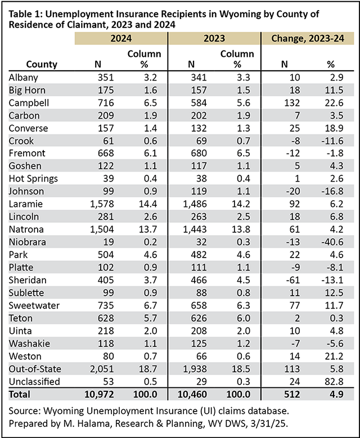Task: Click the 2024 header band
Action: coord(121,38)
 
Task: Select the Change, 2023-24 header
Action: coord(308,38)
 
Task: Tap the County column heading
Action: coord(42,64)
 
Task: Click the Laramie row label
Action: coord(26,204)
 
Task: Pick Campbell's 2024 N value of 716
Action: coord(106,103)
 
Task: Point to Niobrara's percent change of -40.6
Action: coord(332,242)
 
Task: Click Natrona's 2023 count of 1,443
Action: coord(195,229)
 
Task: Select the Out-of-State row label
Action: coord(35,369)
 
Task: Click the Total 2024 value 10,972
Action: coord(99,394)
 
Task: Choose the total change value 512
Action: coord(292,394)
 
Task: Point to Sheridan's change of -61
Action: coord(293,280)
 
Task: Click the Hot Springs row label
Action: coord(33,179)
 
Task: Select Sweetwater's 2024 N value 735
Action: coord(106,306)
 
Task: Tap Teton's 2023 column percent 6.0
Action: coord(243,318)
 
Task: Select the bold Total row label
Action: coord(19,394)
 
